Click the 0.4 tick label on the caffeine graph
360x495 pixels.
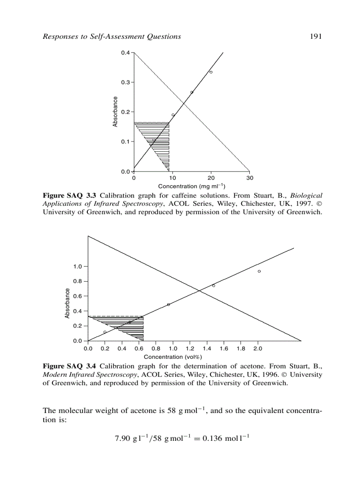coord(125,53)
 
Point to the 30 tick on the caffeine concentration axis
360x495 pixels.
coord(250,178)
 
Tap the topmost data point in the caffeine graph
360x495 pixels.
coord(211,72)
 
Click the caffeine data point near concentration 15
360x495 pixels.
coord(191,92)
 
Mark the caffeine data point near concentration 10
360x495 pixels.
coord(173,115)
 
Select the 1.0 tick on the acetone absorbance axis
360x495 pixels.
coord(78,267)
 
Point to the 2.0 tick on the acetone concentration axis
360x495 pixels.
coord(258,348)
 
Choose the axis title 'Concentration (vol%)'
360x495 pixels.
coord(173,357)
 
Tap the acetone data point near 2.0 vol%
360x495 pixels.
coord(259,271)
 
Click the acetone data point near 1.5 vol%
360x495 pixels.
coord(214,286)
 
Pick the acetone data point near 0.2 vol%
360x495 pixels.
coord(105,332)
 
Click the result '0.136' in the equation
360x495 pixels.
coord(203,439)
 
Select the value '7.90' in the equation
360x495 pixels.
coord(122,439)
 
